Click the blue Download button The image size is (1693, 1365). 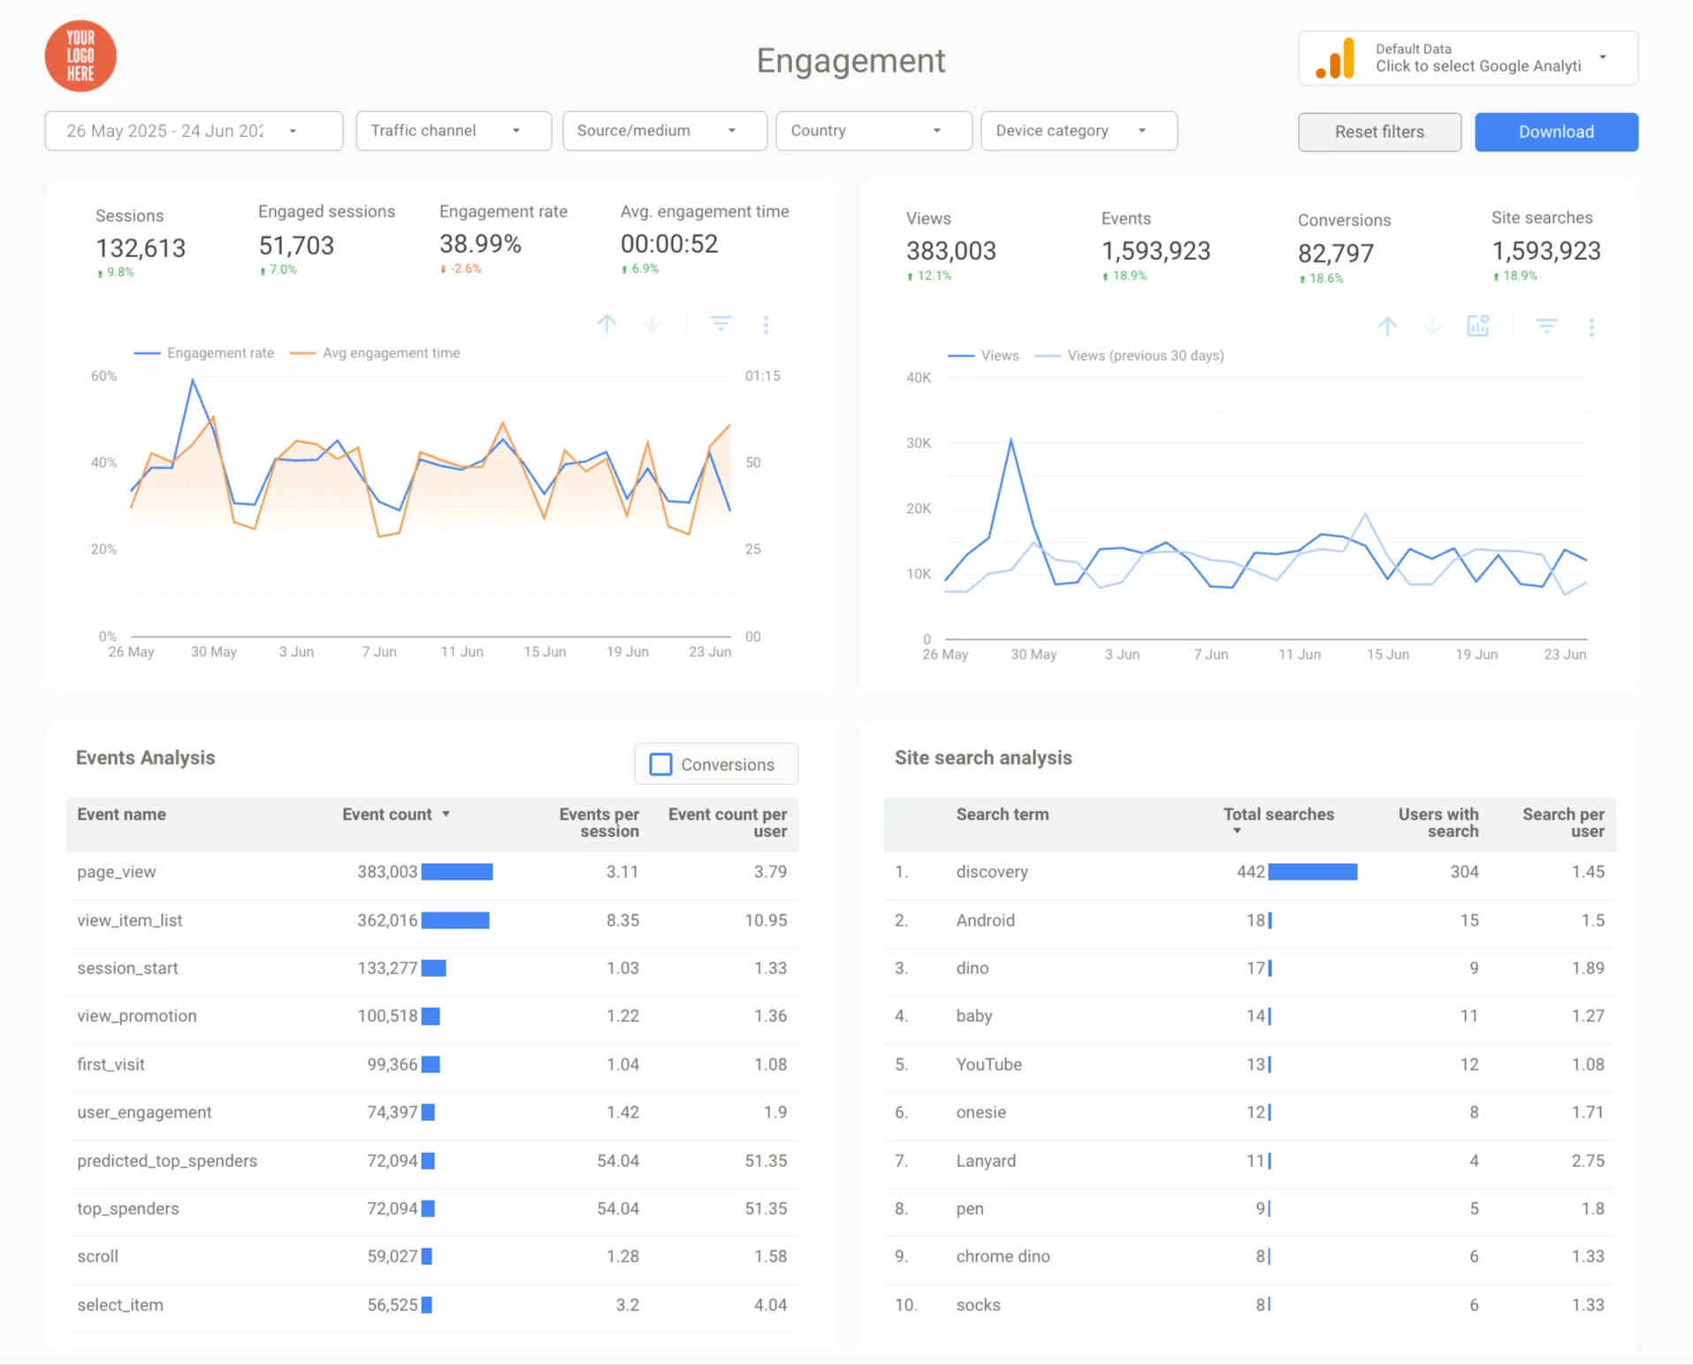click(1556, 132)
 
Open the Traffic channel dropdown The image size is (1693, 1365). click(454, 131)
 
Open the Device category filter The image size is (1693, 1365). click(1079, 131)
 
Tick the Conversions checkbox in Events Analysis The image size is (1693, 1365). click(660, 765)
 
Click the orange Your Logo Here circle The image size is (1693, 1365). click(80, 57)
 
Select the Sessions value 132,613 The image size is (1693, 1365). click(141, 248)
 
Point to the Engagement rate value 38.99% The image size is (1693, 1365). click(480, 244)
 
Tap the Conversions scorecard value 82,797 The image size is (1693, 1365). click(1335, 254)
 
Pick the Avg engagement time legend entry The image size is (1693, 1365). click(375, 353)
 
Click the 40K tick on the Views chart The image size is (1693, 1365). click(919, 377)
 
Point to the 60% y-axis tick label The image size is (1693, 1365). click(103, 376)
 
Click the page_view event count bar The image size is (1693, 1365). click(457, 872)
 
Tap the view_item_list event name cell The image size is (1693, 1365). click(130, 920)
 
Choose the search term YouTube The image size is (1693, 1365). click(988, 1064)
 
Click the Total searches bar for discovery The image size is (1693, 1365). click(1313, 872)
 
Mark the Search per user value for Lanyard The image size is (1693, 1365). click(1588, 1161)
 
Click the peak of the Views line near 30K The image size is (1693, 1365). click(1010, 438)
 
